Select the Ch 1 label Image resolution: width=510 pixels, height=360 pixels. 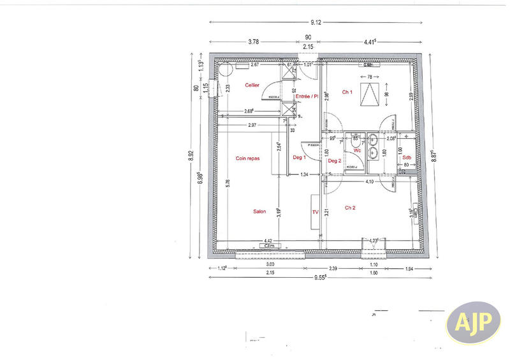347,92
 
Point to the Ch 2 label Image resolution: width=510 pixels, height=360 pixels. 350,208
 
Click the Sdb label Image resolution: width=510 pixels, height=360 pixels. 406,157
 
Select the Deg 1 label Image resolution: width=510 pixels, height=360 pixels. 300,157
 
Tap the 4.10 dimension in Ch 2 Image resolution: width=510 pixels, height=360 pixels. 369,182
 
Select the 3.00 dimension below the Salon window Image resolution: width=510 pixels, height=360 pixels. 270,264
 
